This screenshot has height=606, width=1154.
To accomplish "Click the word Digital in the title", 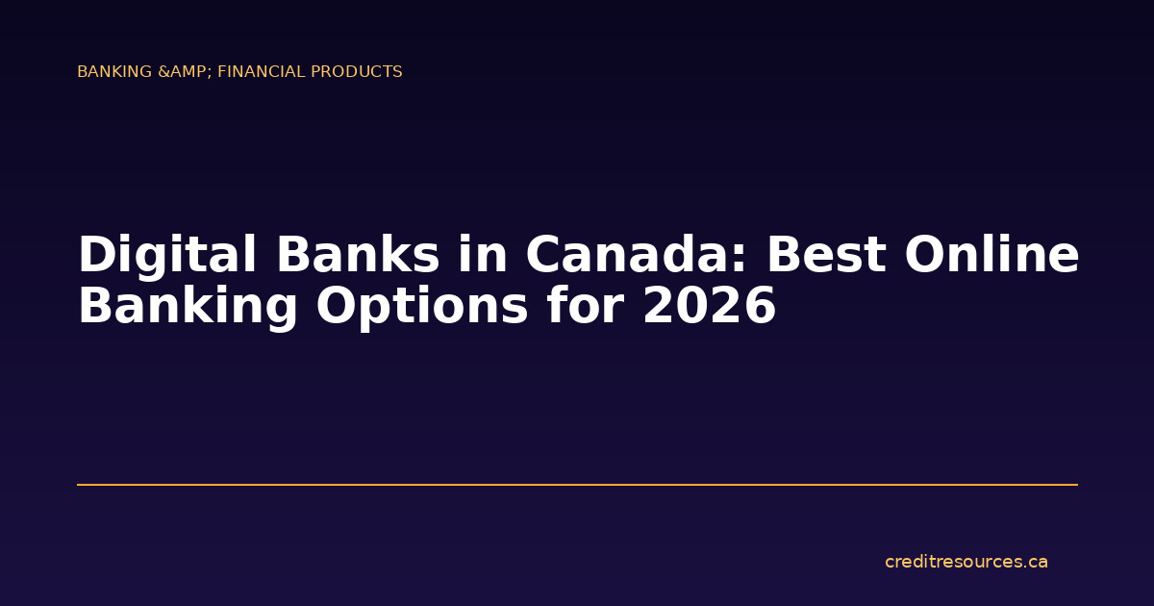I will pyautogui.click(x=167, y=256).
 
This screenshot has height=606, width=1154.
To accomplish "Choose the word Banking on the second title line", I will pyautogui.click(x=188, y=307).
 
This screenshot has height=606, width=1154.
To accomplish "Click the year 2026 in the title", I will pyautogui.click(x=709, y=307).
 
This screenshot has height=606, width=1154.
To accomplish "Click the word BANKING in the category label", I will pyautogui.click(x=115, y=72).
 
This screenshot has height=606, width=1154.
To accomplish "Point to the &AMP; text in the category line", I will pyautogui.click(x=184, y=72).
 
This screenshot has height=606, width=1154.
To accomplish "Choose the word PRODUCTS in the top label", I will pyautogui.click(x=357, y=72).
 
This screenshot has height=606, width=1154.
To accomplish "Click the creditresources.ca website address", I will pyautogui.click(x=966, y=562).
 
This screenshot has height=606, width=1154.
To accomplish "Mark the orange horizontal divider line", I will pyautogui.click(x=577, y=485).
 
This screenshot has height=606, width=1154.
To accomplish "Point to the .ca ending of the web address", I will pyautogui.click(x=1035, y=562).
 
